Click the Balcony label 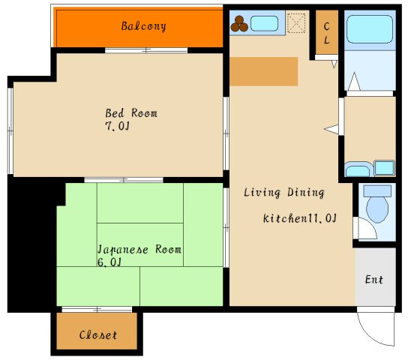[x=144, y=26]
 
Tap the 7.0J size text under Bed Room [x=117, y=126]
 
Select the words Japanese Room [x=139, y=249]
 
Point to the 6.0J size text [x=109, y=262]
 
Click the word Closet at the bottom [x=98, y=335]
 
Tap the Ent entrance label [x=374, y=280]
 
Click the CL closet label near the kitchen [x=327, y=33]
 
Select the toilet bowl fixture [x=377, y=204]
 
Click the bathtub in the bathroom [x=370, y=29]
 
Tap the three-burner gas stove [x=239, y=24]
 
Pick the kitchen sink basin [x=264, y=23]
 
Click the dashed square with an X [x=296, y=23]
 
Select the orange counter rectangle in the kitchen [x=263, y=71]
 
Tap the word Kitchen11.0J [x=299, y=218]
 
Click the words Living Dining [x=284, y=193]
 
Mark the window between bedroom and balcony [x=146, y=50]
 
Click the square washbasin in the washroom [x=384, y=168]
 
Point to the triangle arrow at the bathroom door [x=354, y=82]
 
